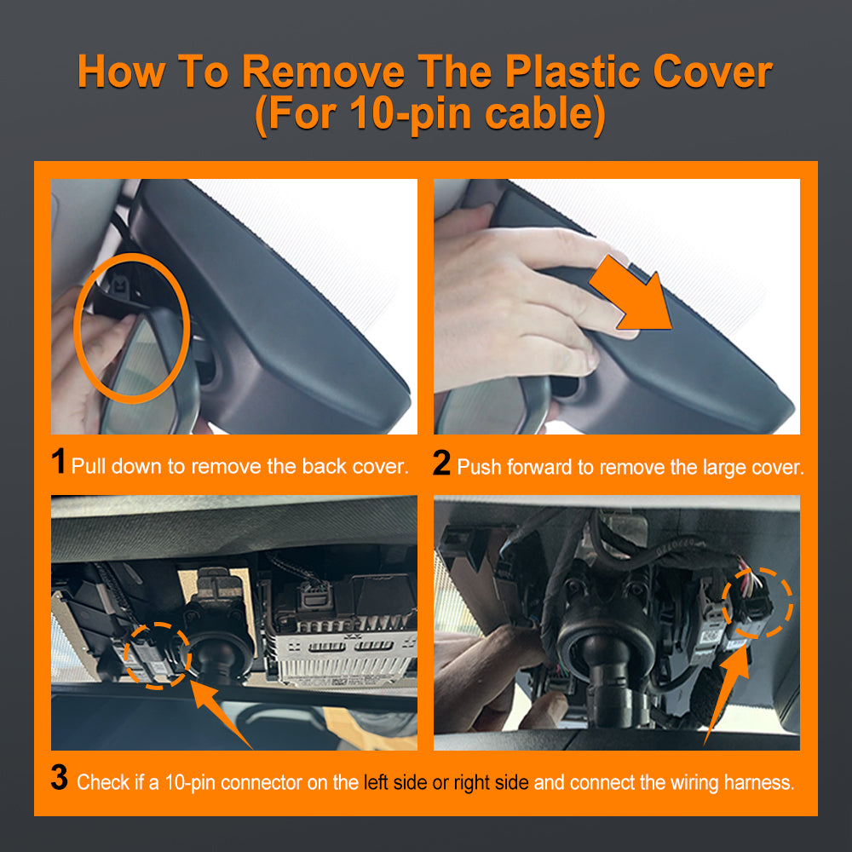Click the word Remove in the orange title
click(323, 72)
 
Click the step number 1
click(59, 461)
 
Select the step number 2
click(441, 463)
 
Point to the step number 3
click(60, 777)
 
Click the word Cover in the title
click(713, 72)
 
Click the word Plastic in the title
click(573, 72)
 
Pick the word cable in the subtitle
click(544, 113)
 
